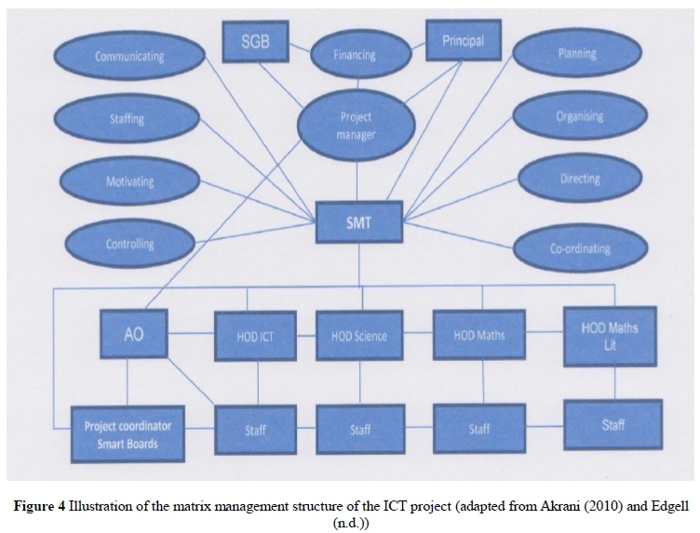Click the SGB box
click(x=255, y=43)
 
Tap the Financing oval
click(x=355, y=55)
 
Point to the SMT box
click(x=357, y=222)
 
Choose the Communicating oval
click(x=129, y=57)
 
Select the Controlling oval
click(x=129, y=245)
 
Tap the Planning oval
click(x=576, y=54)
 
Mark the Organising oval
click(x=579, y=117)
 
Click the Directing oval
click(x=579, y=179)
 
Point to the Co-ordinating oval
click(x=579, y=248)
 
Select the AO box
click(x=133, y=334)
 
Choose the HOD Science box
click(x=358, y=335)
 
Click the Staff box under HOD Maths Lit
click(x=612, y=425)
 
